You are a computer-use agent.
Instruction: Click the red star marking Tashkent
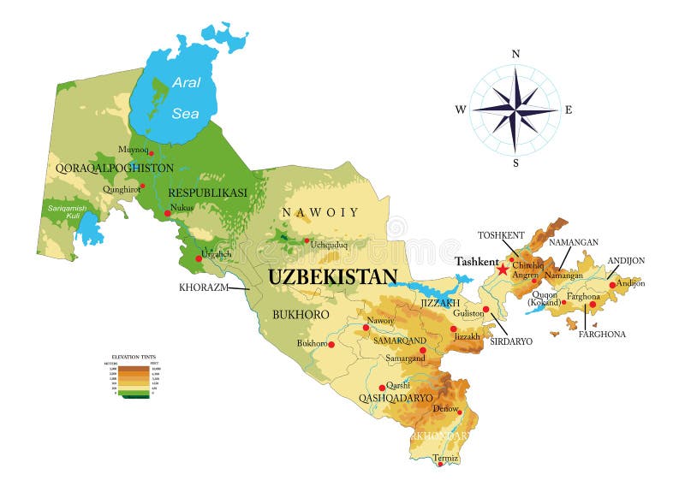pyautogui.click(x=503, y=269)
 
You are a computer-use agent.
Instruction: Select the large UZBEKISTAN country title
pyautogui.click(x=332, y=276)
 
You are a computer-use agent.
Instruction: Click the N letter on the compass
pyautogui.click(x=515, y=54)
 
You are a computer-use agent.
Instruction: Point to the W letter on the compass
pyautogui.click(x=460, y=110)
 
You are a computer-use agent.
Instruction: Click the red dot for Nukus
pyautogui.click(x=168, y=213)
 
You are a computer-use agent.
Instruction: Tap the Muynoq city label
pyautogui.click(x=133, y=150)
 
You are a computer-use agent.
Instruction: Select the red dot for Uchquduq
pyautogui.click(x=306, y=240)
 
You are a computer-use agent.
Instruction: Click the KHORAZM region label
pyautogui.click(x=204, y=287)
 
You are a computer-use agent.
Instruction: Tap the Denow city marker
pyautogui.click(x=460, y=412)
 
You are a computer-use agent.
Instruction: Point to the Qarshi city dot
pyautogui.click(x=382, y=388)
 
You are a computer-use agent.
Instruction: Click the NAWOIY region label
pyautogui.click(x=320, y=212)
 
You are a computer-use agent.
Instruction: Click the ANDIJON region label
pyautogui.click(x=626, y=260)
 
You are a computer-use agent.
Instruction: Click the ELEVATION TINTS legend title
pyautogui.click(x=132, y=356)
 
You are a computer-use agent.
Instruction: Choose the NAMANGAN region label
pyautogui.click(x=573, y=243)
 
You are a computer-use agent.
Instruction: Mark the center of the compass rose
pyautogui.click(x=515, y=110)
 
